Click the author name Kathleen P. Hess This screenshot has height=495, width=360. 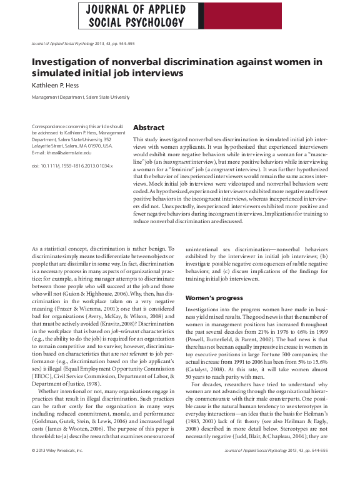(61, 86)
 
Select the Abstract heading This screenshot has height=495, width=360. (149, 127)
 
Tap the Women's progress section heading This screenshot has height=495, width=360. (213, 297)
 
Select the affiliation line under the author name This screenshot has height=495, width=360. (81, 97)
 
